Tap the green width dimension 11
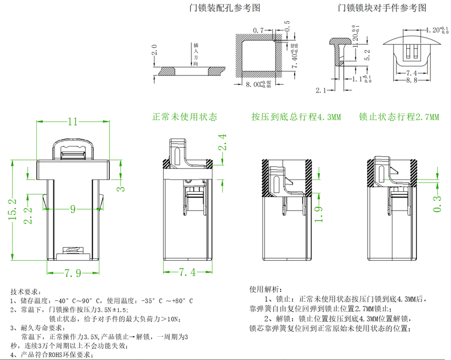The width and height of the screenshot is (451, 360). point(73,122)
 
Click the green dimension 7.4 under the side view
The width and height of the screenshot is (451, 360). point(187,273)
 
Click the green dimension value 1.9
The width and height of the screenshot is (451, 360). point(320,216)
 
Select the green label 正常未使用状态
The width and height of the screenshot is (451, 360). point(185,117)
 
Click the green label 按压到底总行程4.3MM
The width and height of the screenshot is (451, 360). point(296,117)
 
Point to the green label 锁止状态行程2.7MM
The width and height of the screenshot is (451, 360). point(399,117)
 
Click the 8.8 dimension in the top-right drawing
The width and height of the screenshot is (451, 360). point(412,81)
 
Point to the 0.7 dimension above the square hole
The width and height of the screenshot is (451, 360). point(259,30)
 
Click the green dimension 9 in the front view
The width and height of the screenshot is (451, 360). point(73,209)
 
